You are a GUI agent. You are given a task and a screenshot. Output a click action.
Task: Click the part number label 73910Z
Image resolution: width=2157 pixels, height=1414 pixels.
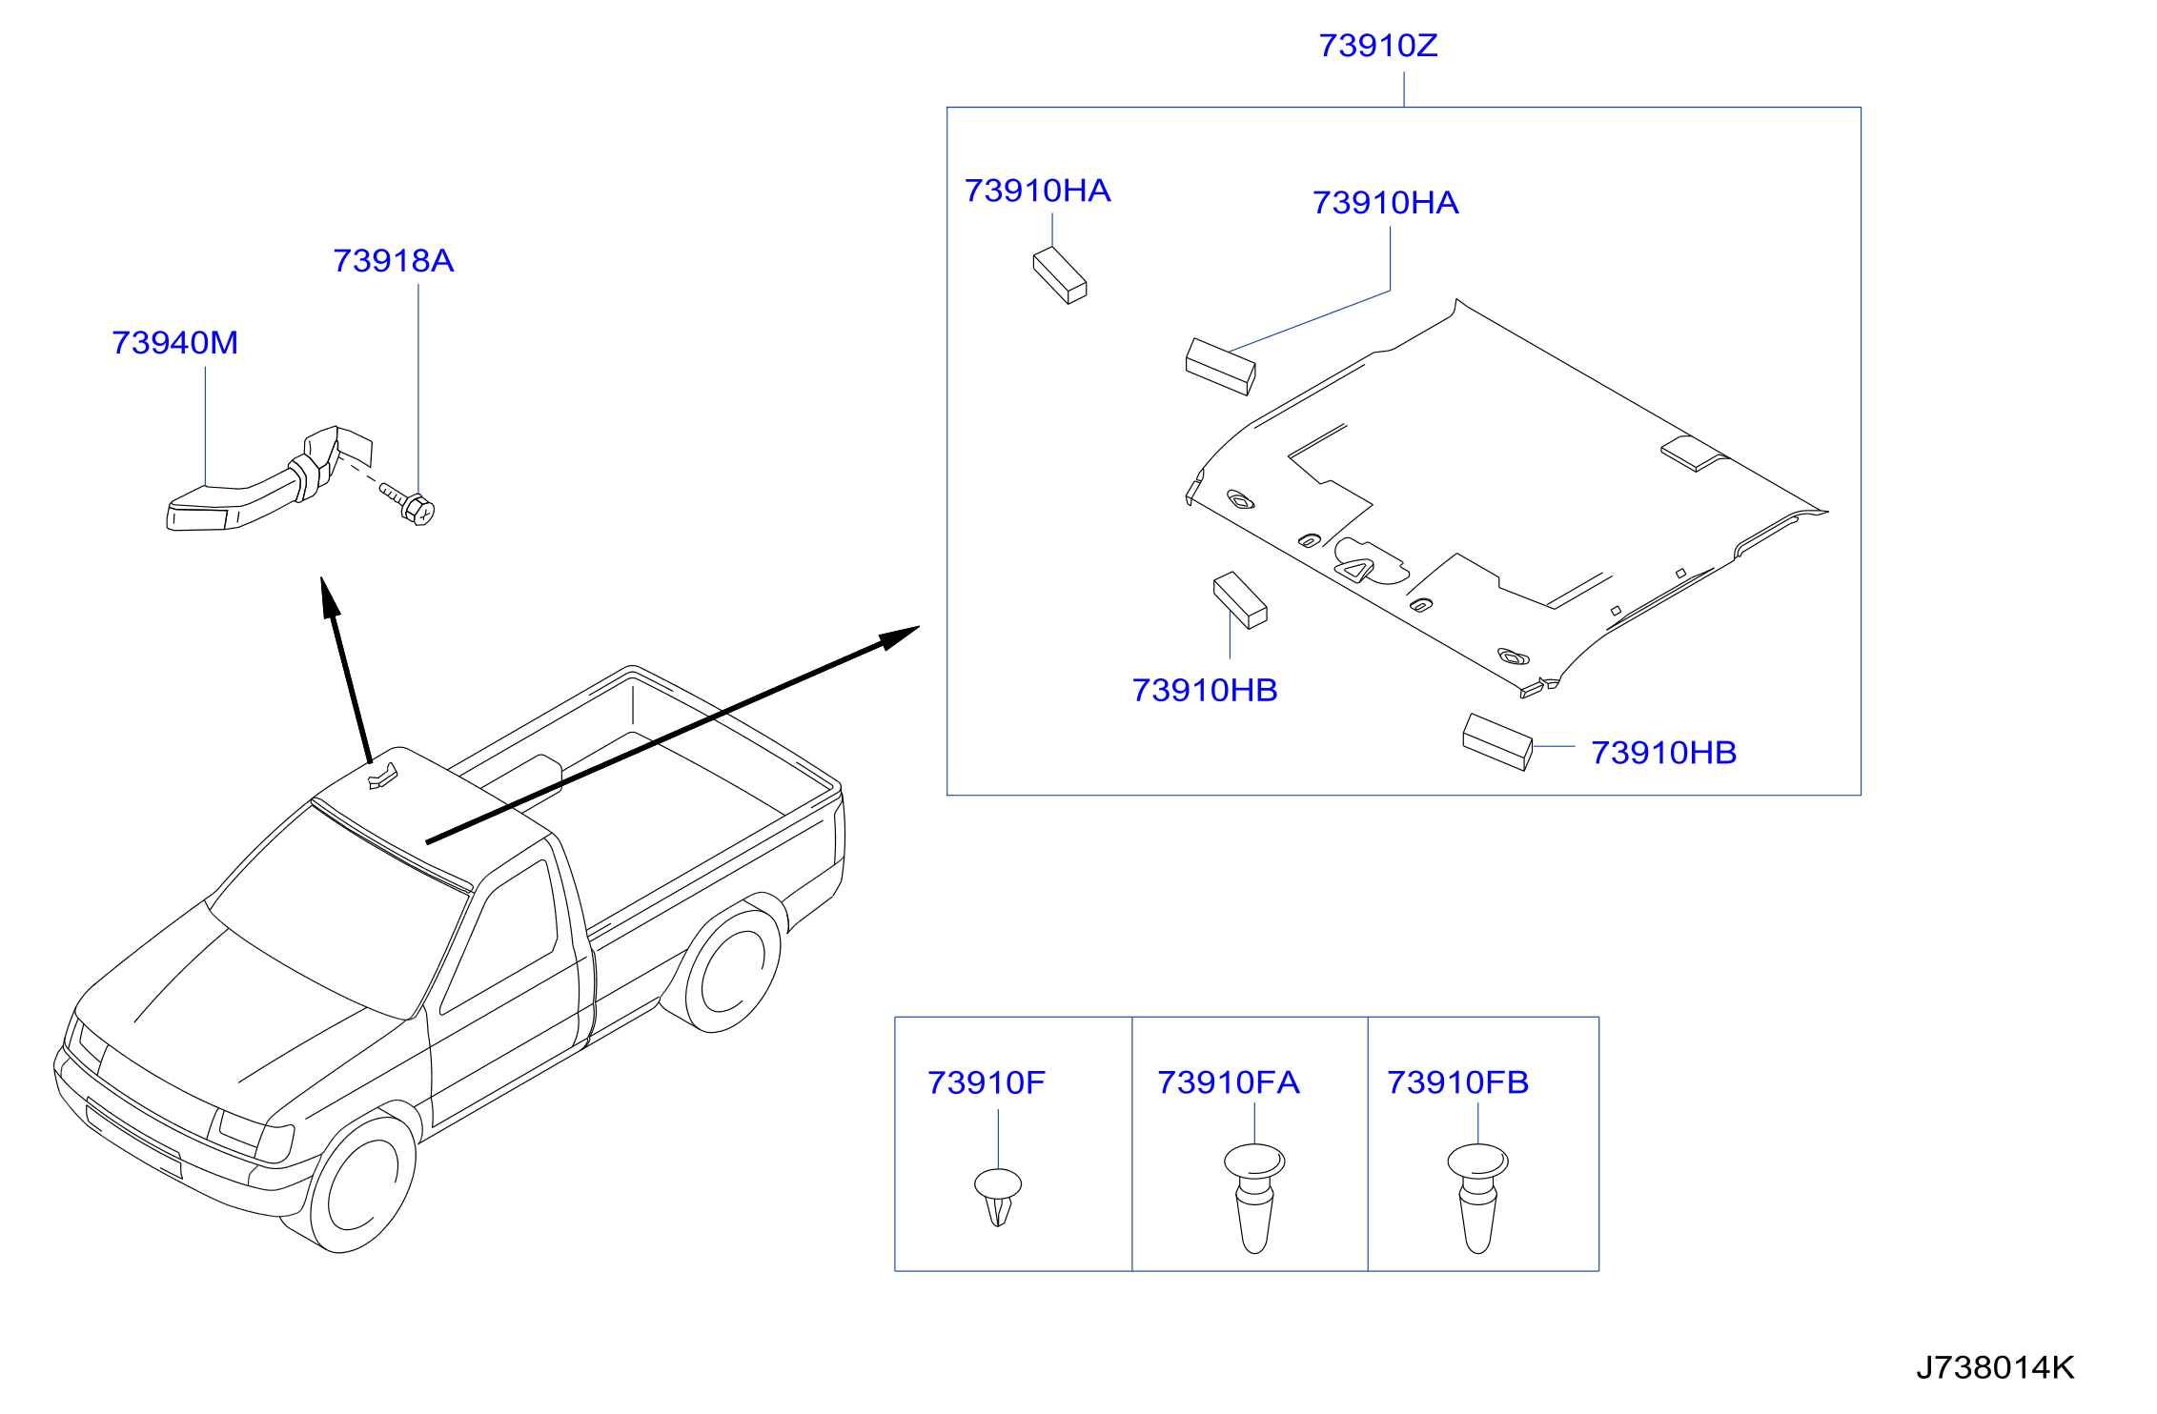[x=1377, y=46]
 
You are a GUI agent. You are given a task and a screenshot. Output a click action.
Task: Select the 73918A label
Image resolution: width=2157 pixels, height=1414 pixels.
[x=393, y=261]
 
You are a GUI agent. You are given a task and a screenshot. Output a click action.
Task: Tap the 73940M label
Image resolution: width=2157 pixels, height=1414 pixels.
[x=174, y=343]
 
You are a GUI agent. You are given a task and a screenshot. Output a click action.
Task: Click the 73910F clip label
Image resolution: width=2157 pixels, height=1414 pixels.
[x=986, y=1082]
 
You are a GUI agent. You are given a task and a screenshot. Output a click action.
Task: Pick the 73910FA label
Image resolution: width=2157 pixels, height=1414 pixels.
[x=1228, y=1082]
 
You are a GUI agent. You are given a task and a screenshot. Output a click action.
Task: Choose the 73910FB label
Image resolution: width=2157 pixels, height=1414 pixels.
[x=1457, y=1082]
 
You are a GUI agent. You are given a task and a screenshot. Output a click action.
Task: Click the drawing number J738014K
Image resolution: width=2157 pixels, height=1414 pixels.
[x=1995, y=1367]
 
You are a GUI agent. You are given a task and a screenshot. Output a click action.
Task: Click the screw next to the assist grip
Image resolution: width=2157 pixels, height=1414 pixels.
[x=409, y=503]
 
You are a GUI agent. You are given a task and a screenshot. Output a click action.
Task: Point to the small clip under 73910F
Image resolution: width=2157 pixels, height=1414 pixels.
[x=998, y=1197]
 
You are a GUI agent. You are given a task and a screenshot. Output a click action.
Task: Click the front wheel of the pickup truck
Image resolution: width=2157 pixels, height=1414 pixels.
[x=363, y=1184]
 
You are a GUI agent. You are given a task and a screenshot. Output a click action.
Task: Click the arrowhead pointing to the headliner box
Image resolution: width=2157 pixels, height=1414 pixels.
[x=900, y=637]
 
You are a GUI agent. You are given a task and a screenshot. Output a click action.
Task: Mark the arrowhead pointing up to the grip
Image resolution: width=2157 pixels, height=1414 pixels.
[x=330, y=598]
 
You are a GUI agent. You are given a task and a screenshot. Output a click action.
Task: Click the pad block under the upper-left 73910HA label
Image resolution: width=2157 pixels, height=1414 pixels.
[x=1060, y=275]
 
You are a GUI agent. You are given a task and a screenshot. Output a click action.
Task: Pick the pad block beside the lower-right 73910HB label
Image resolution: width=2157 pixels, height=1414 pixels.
[x=1497, y=741]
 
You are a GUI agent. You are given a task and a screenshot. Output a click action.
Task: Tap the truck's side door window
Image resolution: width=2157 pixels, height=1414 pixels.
[x=499, y=937]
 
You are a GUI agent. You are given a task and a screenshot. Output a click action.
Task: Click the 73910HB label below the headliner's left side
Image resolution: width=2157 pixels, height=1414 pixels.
[x=1205, y=691]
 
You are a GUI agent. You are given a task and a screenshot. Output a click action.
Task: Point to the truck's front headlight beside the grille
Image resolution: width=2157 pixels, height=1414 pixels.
[x=254, y=1134]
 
